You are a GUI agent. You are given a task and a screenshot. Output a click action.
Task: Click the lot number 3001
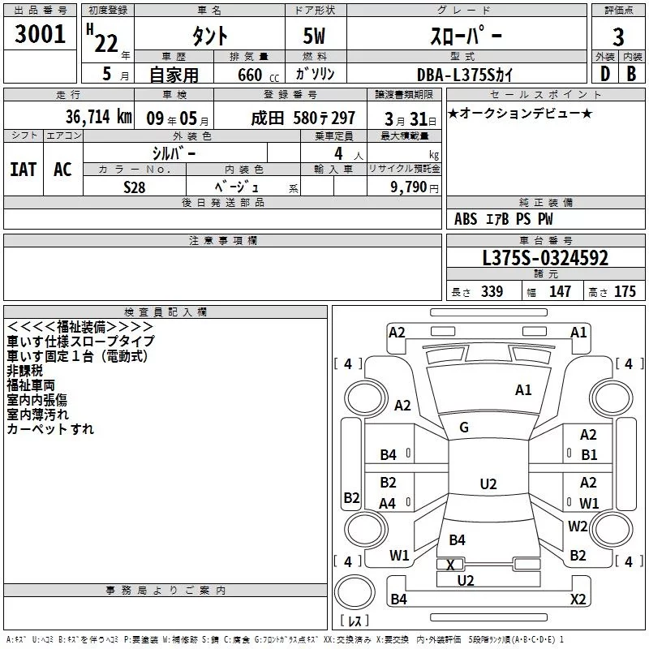[x=41, y=34]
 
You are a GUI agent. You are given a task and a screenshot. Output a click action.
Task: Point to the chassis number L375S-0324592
[x=545, y=259]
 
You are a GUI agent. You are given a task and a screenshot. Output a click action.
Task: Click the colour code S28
[x=135, y=187]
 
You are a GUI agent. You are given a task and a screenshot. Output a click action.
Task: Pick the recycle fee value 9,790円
[x=414, y=187]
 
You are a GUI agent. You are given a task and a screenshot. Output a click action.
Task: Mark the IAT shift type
[x=23, y=169]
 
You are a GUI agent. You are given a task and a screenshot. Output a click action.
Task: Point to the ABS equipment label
[x=466, y=219]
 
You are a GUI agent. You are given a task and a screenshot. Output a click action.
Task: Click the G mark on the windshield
[x=464, y=428]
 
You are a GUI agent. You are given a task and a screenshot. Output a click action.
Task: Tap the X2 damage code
[x=578, y=600]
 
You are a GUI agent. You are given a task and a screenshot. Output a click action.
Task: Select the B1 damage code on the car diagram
[x=588, y=455]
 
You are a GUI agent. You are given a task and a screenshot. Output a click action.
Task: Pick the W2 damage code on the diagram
[x=578, y=526]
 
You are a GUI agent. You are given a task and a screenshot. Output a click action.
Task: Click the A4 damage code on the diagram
[x=388, y=504]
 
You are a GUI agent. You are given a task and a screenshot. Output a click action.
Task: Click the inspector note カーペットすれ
[x=50, y=428]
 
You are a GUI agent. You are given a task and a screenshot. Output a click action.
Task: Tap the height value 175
[x=625, y=292]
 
